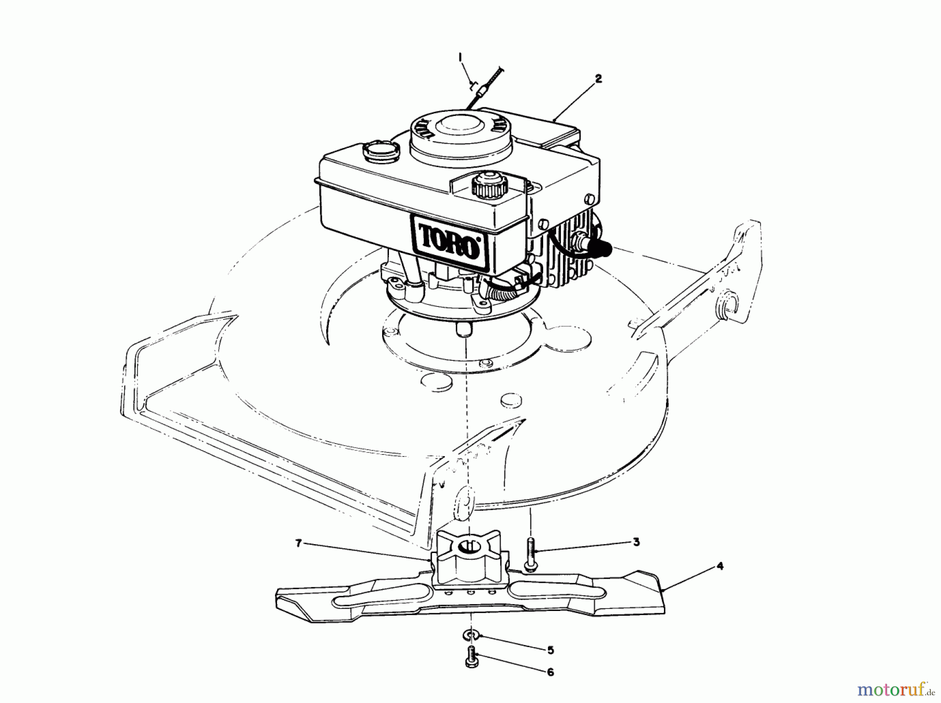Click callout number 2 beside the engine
point(599,79)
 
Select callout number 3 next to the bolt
point(636,542)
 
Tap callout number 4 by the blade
point(720,566)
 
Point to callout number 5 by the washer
point(550,650)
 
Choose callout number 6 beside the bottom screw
point(550,672)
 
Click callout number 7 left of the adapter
point(299,544)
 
